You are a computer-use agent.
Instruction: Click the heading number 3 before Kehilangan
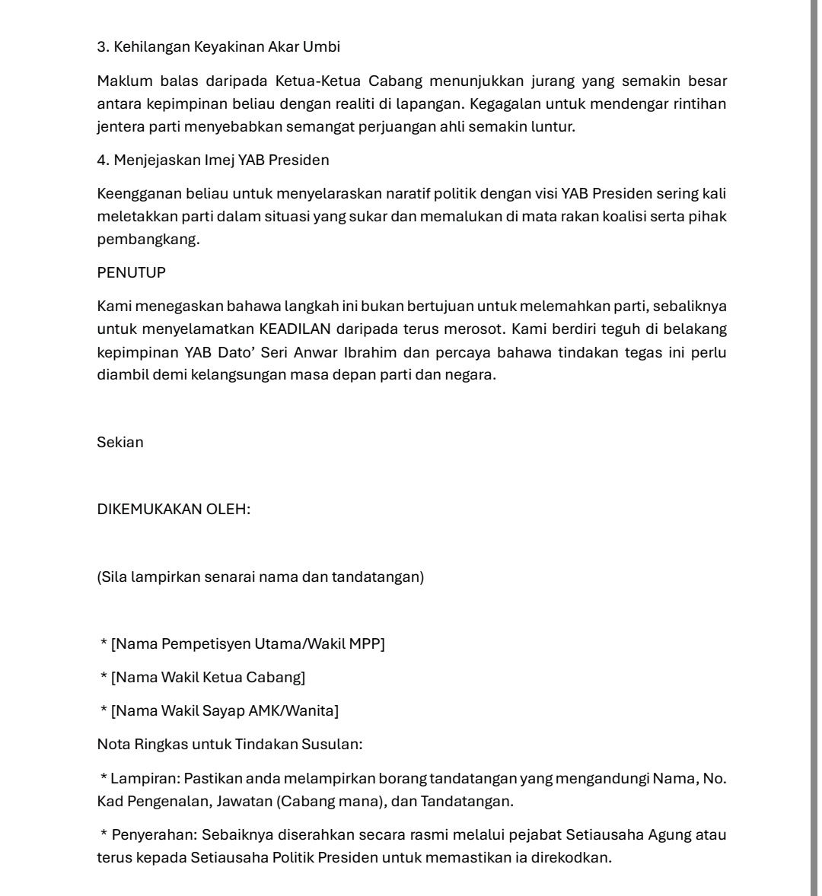click(x=102, y=47)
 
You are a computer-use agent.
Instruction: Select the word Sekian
click(x=120, y=443)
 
